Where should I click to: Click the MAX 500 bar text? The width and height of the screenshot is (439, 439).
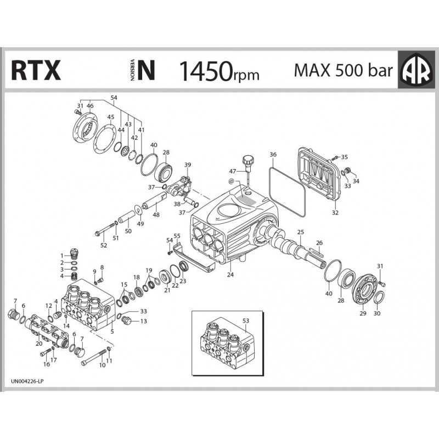pos(343,70)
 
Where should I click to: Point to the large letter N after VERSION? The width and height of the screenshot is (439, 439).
pos(146,70)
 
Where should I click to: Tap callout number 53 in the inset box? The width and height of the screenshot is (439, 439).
pos(245,320)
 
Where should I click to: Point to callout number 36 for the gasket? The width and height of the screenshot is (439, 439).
pos(273,155)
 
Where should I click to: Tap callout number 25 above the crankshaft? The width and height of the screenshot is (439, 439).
pos(300,233)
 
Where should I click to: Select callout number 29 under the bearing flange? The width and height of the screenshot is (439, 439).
pos(362,314)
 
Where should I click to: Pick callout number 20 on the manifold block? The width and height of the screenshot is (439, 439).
pos(38,344)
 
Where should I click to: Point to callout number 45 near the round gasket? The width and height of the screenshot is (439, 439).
pos(111,117)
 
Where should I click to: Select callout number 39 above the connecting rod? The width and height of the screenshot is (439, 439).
pos(187,165)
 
